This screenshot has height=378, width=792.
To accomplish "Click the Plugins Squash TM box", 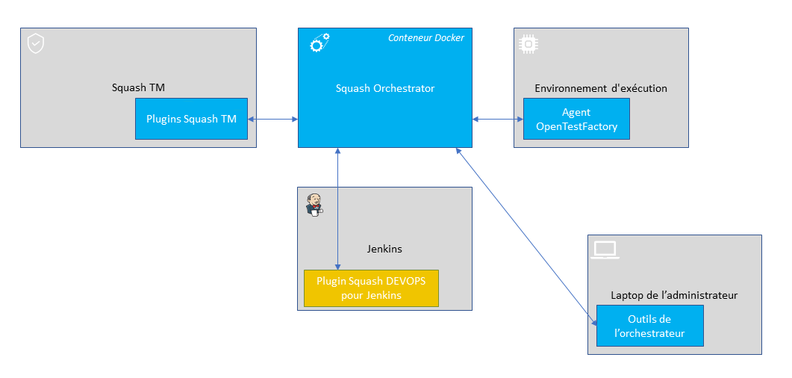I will coord(191,119).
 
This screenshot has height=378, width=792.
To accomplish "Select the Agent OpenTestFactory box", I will coord(576,120).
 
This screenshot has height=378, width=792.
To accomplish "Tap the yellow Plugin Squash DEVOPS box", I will coord(370,288).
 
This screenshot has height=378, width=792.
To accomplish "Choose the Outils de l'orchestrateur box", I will coord(649,326).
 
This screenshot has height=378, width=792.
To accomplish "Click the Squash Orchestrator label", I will coord(384,88).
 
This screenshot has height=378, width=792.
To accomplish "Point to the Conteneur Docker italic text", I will coord(425,38).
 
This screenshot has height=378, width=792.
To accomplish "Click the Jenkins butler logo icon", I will coord(315,204).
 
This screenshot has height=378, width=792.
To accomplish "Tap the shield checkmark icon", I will coord(35,43).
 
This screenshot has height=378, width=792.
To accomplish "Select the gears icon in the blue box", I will coord(319,44).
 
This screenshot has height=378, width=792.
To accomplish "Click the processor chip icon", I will coord(528,44).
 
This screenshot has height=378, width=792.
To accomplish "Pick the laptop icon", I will coord(605,250).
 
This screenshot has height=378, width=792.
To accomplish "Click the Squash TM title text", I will coord(138,87).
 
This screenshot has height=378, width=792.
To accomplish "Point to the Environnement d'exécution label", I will coord(600,88).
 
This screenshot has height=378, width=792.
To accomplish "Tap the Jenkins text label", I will coord(384,249).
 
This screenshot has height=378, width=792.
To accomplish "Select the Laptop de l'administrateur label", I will coord(674,295).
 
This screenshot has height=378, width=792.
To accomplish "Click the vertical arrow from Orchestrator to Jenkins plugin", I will coord(338,209).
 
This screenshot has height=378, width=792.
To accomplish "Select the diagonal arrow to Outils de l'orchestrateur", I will coord(526,235).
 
